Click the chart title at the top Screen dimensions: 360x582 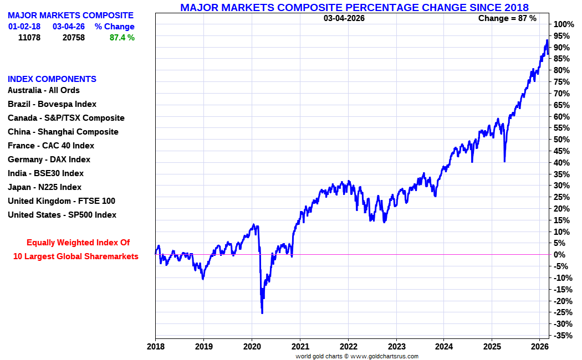pos(354,7)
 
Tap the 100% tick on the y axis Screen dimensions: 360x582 pos(563,24)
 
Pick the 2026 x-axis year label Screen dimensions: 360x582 pos(540,346)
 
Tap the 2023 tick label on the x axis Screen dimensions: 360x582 pos(396,346)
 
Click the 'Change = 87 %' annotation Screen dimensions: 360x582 pos(507,18)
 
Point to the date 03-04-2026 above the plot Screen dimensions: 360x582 pos(344,18)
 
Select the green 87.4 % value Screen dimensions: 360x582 pos(122,38)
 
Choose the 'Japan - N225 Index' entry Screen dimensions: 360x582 pos(44,187)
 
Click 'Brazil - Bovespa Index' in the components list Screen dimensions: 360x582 pos(52,104)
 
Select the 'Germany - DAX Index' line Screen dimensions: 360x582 pos(49,160)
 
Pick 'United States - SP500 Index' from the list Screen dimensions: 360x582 pos(62,215)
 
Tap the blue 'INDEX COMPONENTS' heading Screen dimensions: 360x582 pos(52,79)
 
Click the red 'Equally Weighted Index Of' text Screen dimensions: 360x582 pos(78,243)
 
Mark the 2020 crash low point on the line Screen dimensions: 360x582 pos(262,313)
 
